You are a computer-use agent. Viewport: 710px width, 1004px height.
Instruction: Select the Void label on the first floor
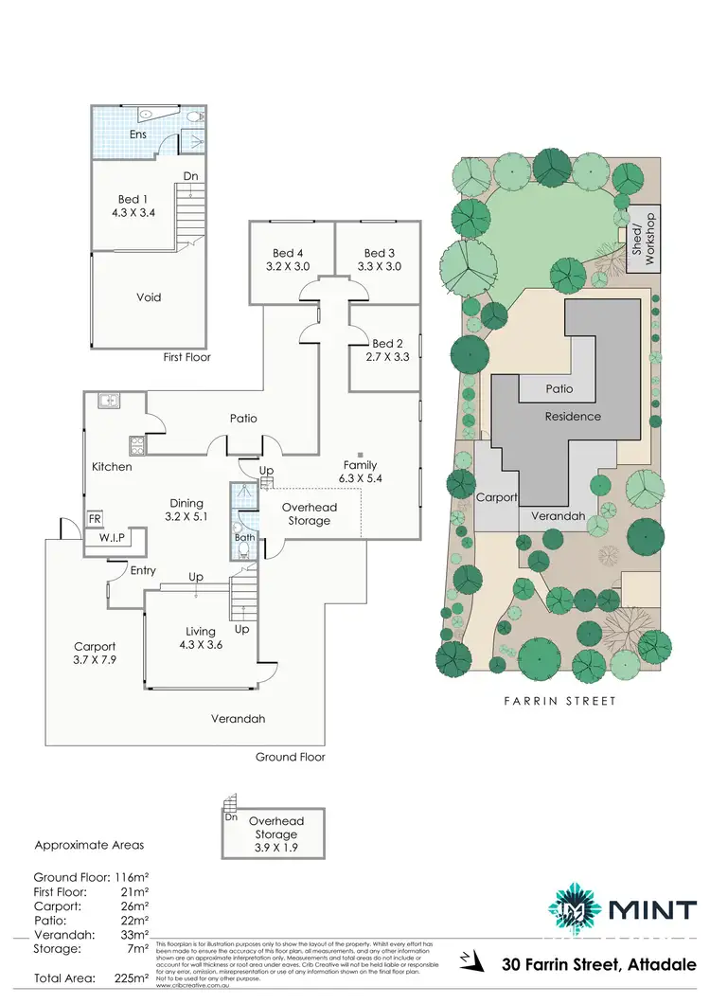150,297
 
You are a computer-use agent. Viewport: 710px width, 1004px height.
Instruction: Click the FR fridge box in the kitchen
96,520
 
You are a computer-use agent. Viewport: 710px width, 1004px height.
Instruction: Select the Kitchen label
111,467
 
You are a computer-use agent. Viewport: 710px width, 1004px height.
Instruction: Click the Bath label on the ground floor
244,538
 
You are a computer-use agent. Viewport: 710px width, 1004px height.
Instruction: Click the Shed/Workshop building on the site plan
643,240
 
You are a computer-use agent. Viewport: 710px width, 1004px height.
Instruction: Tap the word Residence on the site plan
573,416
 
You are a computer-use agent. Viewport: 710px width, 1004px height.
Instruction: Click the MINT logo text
653,910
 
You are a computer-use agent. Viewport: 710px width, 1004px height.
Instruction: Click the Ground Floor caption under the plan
291,757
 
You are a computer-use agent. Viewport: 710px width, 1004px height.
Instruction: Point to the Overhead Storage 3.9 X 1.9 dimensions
274,848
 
